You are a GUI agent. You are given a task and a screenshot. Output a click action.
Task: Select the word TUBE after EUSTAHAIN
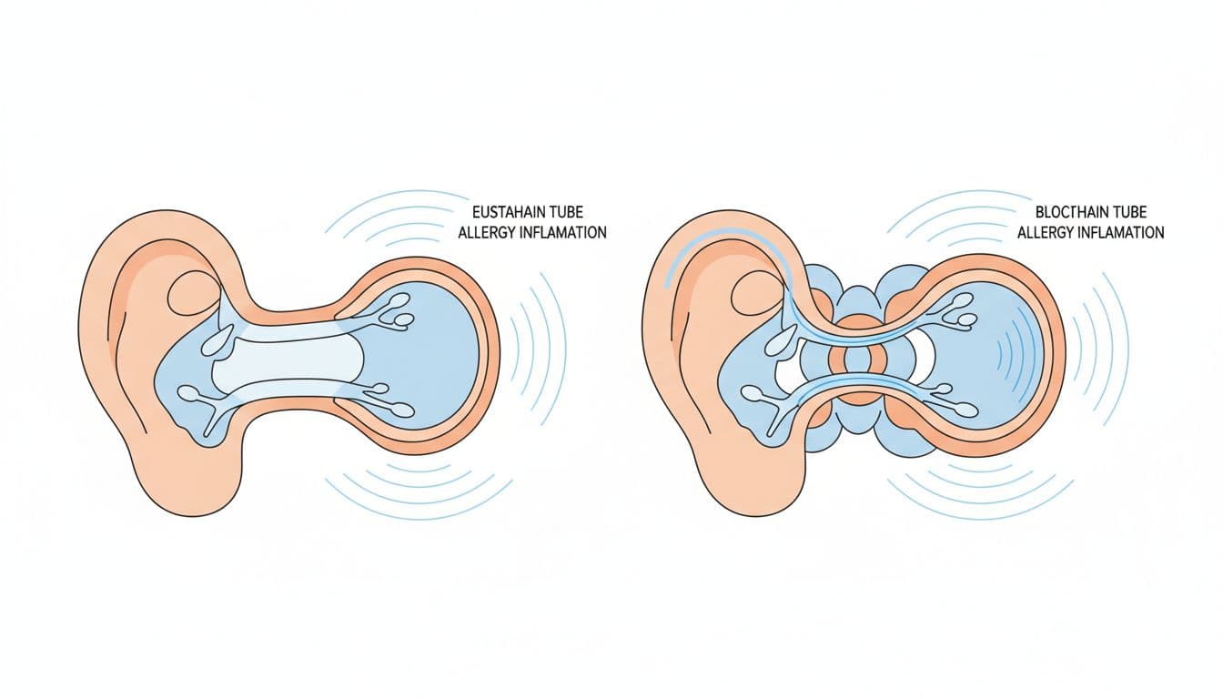coord(567,212)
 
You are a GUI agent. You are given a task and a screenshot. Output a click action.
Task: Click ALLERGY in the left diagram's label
coord(487,233)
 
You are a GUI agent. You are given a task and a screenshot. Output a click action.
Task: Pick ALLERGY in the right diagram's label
coord(1046,233)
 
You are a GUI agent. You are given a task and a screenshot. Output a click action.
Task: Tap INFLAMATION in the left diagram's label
coord(563,233)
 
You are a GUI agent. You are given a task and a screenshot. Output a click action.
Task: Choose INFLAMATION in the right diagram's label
coord(1122,233)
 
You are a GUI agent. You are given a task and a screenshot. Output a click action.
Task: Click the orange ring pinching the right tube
coord(858,361)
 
